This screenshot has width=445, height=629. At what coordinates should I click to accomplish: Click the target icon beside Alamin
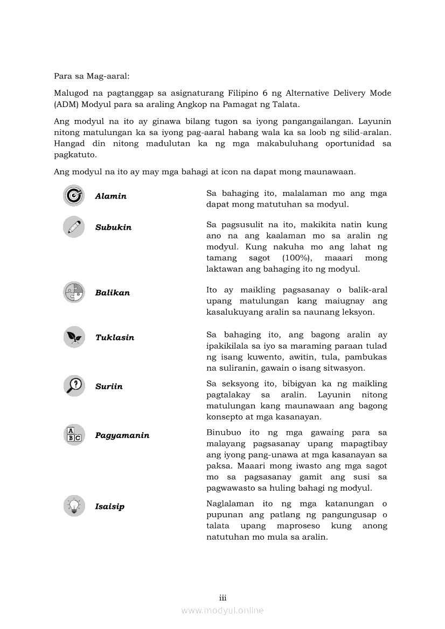pyautogui.click(x=74, y=195)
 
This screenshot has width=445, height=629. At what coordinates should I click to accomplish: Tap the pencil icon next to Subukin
pyautogui.click(x=74, y=227)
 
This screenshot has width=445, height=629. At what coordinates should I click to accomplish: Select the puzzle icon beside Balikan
pyautogui.click(x=74, y=292)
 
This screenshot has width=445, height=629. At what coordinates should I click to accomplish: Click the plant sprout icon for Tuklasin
pyautogui.click(x=74, y=337)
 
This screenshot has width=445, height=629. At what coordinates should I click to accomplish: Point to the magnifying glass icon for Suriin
pyautogui.click(x=74, y=386)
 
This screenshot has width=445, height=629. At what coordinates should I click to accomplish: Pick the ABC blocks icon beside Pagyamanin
pyautogui.click(x=74, y=435)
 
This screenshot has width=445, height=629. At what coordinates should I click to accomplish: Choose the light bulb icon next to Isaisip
pyautogui.click(x=74, y=506)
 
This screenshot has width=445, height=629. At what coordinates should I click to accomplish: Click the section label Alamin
pyautogui.click(x=111, y=196)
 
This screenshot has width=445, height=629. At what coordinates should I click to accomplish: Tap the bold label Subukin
pyautogui.click(x=113, y=228)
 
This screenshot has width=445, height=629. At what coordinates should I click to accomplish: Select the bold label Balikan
pyautogui.click(x=113, y=293)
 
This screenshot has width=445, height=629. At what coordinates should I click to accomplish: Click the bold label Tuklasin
pyautogui.click(x=115, y=338)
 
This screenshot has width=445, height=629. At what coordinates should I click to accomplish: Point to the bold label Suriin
pyautogui.click(x=109, y=387)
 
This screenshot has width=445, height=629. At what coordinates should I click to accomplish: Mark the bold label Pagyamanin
pyautogui.click(x=122, y=435)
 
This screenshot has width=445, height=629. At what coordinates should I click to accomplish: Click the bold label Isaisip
pyautogui.click(x=110, y=507)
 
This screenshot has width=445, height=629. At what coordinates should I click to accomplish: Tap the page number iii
pyautogui.click(x=222, y=598)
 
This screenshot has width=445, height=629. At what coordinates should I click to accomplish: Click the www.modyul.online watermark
pyautogui.click(x=222, y=610)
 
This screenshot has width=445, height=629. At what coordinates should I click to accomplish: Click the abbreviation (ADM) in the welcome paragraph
pyautogui.click(x=66, y=104)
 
